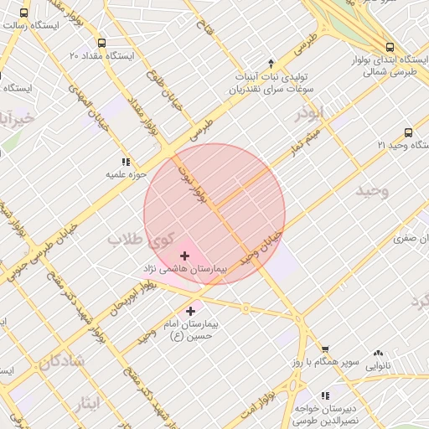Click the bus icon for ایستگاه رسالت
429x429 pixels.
(23, 13)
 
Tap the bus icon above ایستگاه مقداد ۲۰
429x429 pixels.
(101, 43)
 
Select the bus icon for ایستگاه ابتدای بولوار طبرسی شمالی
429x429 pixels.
(389, 47)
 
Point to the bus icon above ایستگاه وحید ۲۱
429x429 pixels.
(408, 132)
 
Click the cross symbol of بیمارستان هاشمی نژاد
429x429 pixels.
(184, 255)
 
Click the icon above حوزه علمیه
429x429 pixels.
(126, 161)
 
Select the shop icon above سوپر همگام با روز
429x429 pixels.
(325, 349)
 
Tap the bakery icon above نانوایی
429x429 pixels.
(378, 353)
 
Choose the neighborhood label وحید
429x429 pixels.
(373, 191)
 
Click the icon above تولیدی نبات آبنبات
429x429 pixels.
(270, 63)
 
